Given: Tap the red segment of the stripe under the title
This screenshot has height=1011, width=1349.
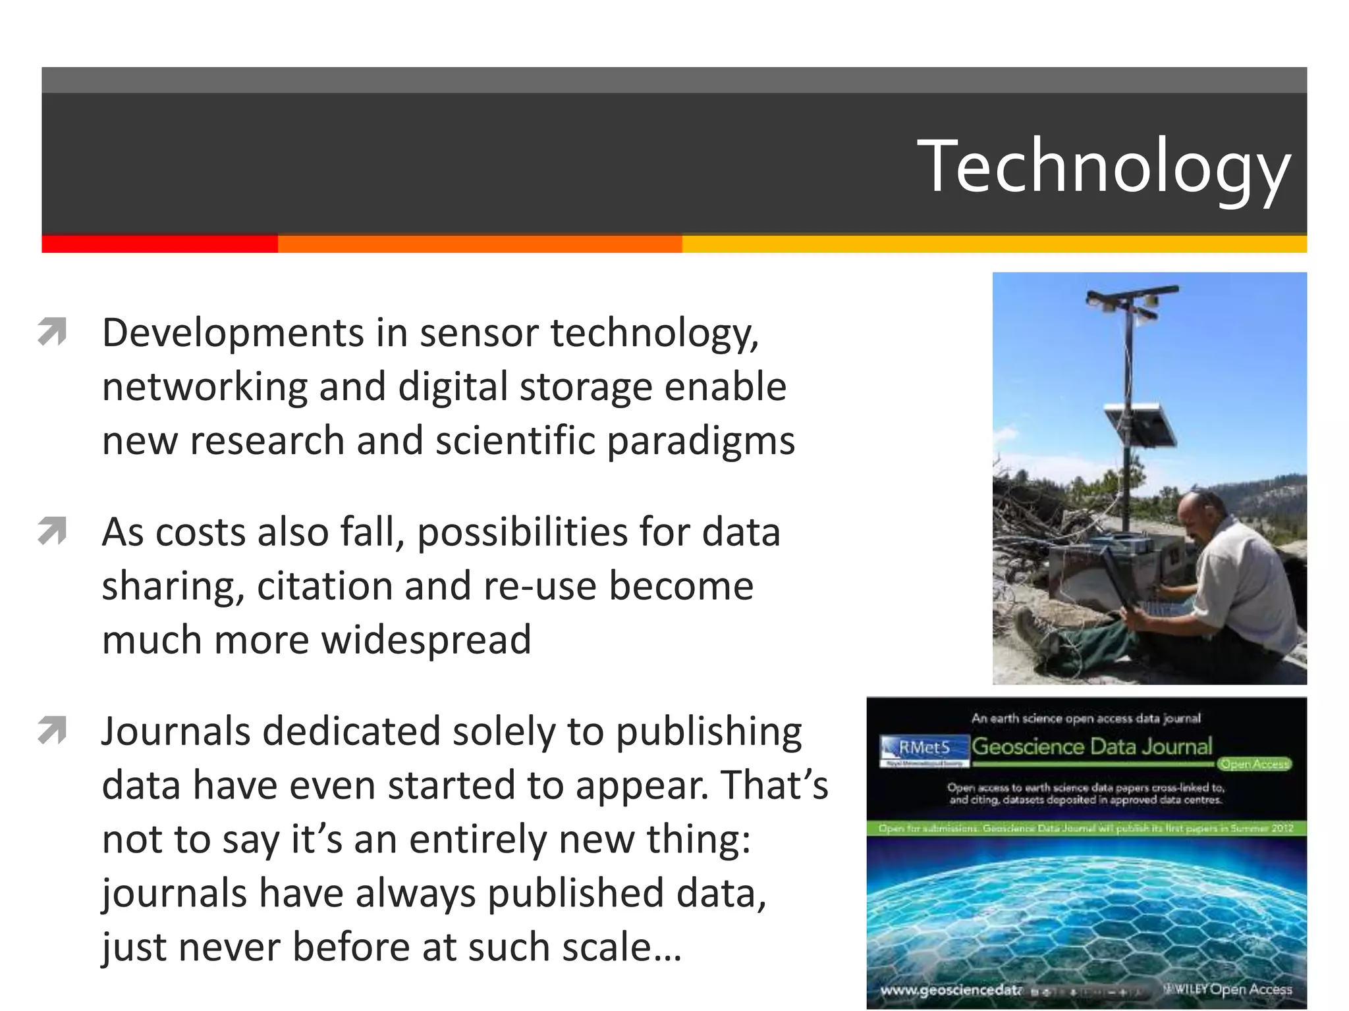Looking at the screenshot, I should click(159, 244).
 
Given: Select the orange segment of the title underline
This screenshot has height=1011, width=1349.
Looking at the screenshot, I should click(480, 244).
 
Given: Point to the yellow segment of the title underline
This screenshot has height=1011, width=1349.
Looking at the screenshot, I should click(993, 244).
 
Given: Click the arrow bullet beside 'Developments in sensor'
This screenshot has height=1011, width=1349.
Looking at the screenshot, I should click(53, 331).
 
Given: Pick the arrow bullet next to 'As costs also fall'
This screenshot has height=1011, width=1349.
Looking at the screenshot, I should click(53, 531).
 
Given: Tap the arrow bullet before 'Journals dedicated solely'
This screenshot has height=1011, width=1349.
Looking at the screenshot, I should click(53, 730).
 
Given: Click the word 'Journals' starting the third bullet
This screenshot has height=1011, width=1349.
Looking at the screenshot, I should click(176, 732).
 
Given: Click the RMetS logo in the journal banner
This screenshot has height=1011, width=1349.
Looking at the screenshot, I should click(924, 748).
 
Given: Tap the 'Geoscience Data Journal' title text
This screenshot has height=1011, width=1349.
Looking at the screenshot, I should click(1091, 746).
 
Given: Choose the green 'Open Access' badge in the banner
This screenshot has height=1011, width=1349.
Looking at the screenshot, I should click(1253, 764).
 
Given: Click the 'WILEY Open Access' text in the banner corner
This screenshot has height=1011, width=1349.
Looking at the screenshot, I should click(1229, 989).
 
